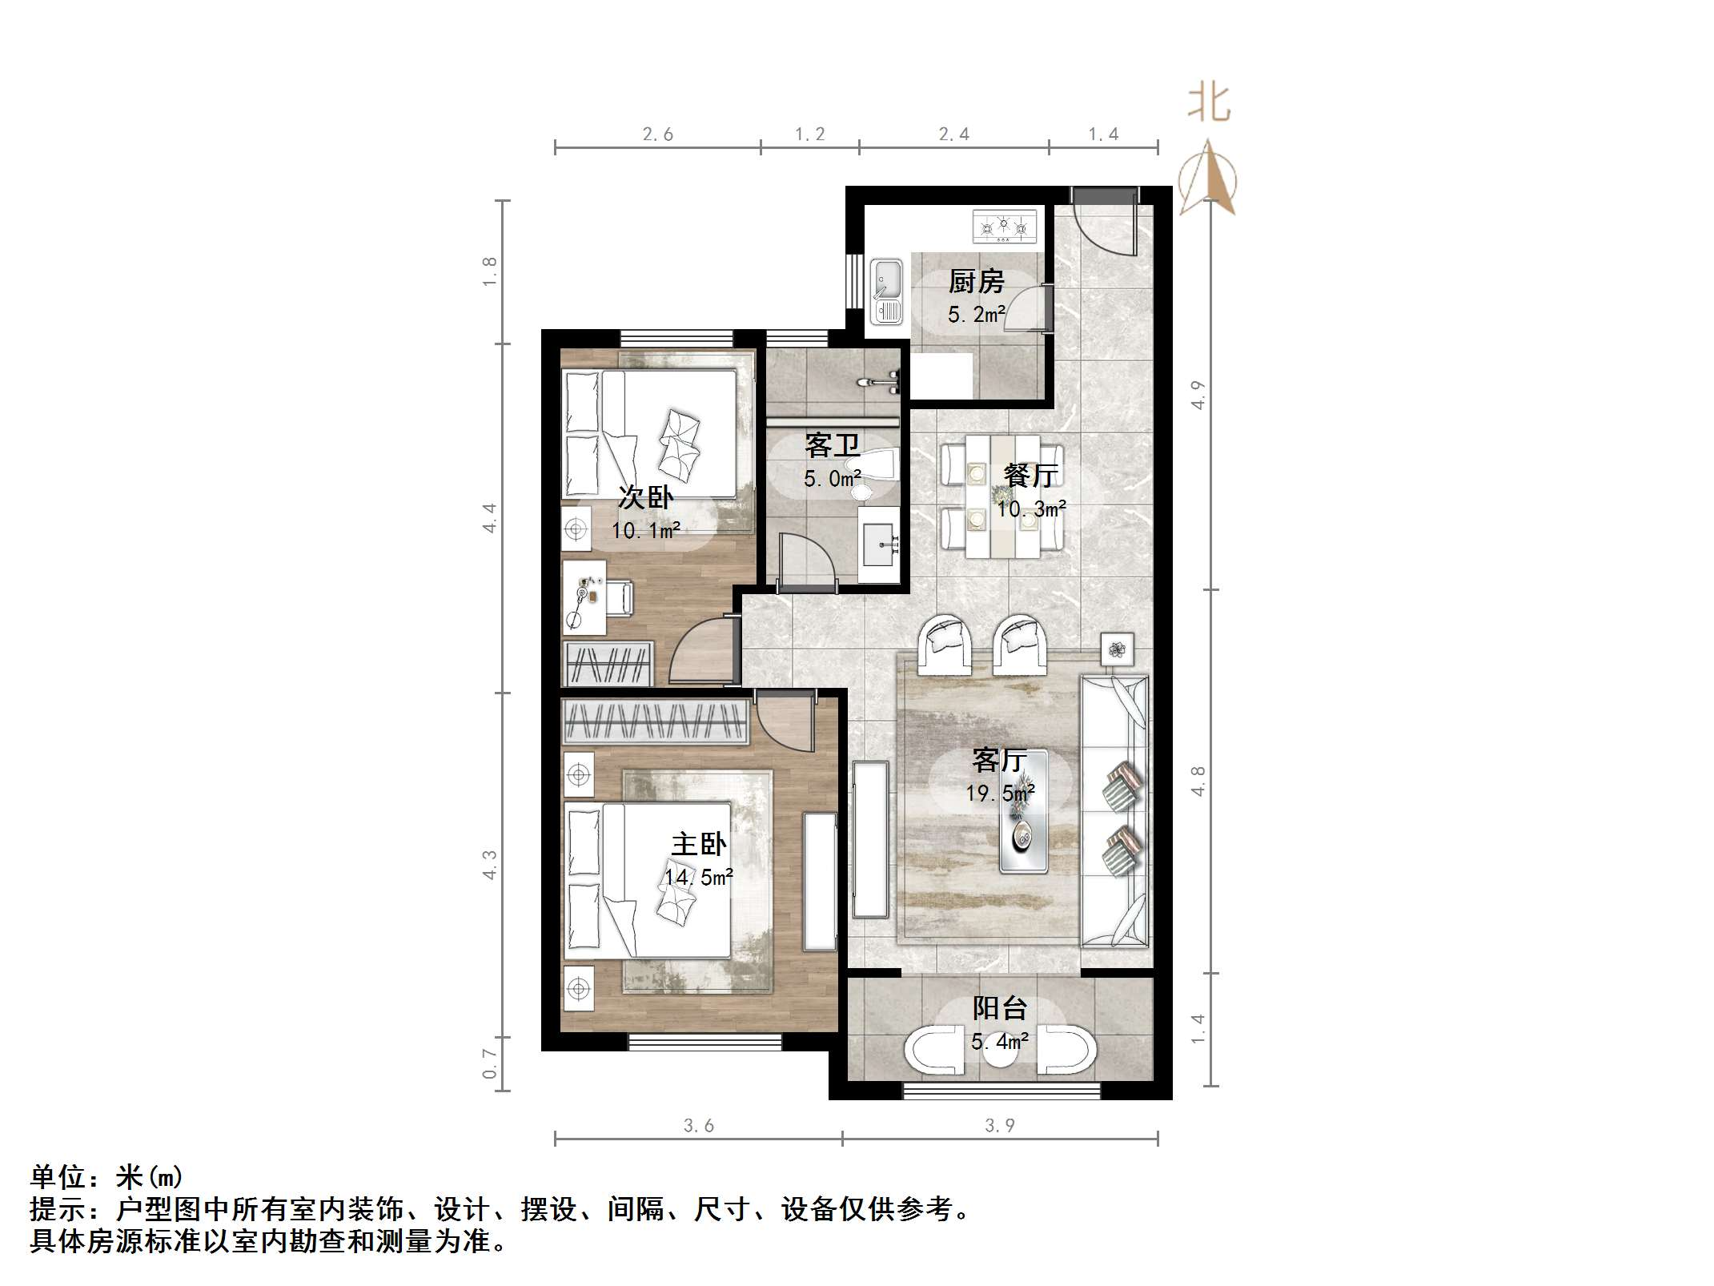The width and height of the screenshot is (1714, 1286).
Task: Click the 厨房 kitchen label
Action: coord(976,282)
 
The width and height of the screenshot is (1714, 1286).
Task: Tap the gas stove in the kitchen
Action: coord(1004,226)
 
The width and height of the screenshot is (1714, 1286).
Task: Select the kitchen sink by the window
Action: coord(886,291)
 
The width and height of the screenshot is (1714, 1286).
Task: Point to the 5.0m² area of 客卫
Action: coord(833,479)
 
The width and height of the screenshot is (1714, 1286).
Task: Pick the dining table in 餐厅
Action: coord(1003,496)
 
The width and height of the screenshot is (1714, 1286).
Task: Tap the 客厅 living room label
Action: coord(999,759)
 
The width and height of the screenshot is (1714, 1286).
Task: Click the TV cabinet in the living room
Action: coord(870,839)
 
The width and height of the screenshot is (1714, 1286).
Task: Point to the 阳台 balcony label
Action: coord(999,1008)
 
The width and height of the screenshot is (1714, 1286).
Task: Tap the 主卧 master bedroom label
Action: coord(698,844)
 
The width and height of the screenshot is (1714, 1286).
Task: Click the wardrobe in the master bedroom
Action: coord(656,721)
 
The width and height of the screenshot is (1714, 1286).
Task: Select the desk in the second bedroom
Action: coord(584,597)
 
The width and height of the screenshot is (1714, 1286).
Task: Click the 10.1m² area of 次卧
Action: coord(645,530)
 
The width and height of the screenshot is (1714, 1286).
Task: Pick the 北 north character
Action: coord(1208,104)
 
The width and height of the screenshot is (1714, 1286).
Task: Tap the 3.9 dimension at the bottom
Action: coord(999,1126)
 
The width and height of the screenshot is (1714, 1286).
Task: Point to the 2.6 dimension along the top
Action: coord(657,135)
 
